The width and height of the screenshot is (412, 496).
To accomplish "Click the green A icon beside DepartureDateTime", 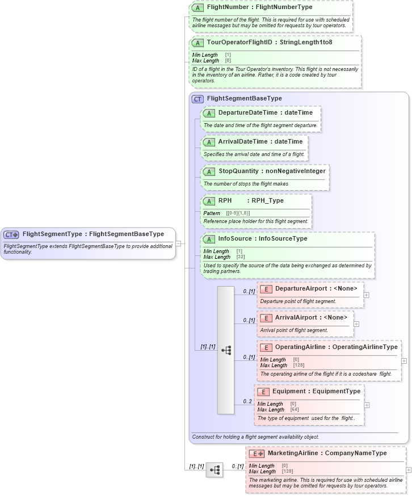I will [208, 113].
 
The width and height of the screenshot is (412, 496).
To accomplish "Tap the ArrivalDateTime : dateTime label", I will [260, 141].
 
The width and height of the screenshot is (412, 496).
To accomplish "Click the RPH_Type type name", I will [267, 200].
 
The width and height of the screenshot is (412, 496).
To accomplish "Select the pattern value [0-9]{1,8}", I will [238, 213].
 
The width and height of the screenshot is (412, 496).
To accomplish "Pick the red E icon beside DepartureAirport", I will [266, 289].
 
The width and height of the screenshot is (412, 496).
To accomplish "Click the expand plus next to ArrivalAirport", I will [356, 325].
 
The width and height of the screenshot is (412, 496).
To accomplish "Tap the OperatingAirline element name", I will [300, 347].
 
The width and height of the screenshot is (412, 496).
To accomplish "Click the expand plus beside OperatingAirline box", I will [403, 360].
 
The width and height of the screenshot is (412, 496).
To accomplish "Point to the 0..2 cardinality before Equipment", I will [247, 402].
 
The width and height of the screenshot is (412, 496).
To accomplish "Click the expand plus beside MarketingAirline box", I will [409, 470].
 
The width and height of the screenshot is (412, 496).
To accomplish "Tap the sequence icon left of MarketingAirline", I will [215, 470].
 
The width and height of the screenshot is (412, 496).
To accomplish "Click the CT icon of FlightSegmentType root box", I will [11, 234].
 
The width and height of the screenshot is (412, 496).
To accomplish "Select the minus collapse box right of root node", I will [178, 243].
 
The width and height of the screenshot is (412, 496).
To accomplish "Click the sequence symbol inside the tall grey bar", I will [226, 350].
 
